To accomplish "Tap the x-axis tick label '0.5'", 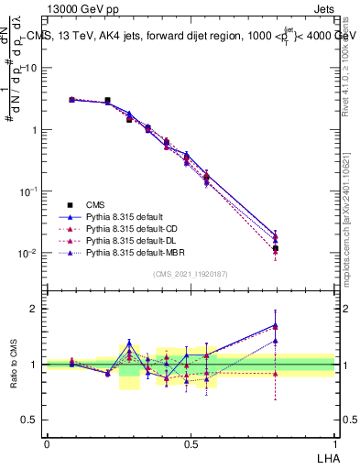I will [x=191, y=443].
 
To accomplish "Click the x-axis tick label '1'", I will [x=334, y=443].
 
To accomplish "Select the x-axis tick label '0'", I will [x=47, y=443].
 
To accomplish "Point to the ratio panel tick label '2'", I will [x=35, y=309].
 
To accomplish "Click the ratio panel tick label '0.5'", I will [x=30, y=420].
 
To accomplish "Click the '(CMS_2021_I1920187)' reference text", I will [x=191, y=274].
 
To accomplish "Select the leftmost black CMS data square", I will [x=71, y=99].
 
